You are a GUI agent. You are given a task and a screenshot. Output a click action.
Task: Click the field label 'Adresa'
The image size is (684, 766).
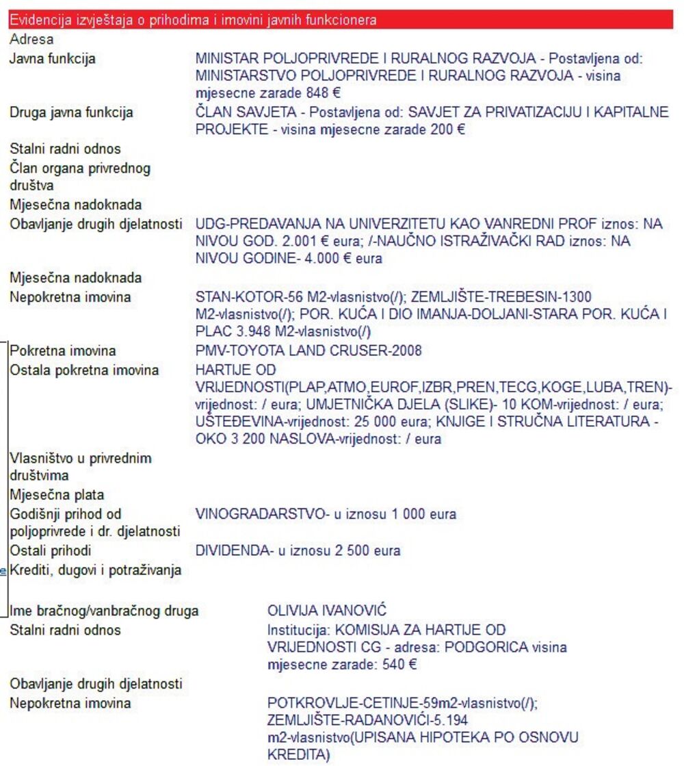(31, 40)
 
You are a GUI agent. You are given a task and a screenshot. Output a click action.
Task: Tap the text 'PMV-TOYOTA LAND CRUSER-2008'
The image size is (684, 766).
(308, 351)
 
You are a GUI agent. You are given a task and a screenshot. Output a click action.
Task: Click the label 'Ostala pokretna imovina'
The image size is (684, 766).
(83, 370)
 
